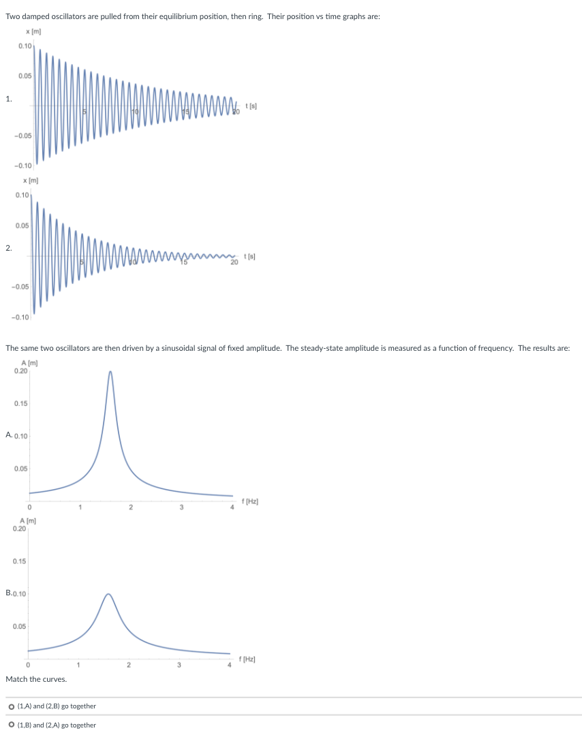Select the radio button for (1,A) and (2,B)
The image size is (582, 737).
point(12,706)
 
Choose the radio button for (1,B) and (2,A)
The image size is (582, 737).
point(12,725)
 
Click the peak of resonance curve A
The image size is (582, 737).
point(110,371)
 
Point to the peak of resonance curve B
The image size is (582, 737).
point(108,594)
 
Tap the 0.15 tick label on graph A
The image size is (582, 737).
point(20,404)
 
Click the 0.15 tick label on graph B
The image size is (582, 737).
point(19,561)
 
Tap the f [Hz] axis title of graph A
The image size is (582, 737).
point(251,501)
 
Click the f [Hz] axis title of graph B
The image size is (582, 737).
point(249,659)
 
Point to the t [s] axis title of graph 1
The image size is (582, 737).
point(251,105)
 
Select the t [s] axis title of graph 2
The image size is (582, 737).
point(251,256)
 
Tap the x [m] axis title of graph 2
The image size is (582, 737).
point(30,180)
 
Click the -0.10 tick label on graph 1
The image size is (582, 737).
point(23,166)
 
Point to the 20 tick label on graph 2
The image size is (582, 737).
point(234,262)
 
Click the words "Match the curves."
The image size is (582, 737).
point(36,679)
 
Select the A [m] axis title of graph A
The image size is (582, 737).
point(29,364)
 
